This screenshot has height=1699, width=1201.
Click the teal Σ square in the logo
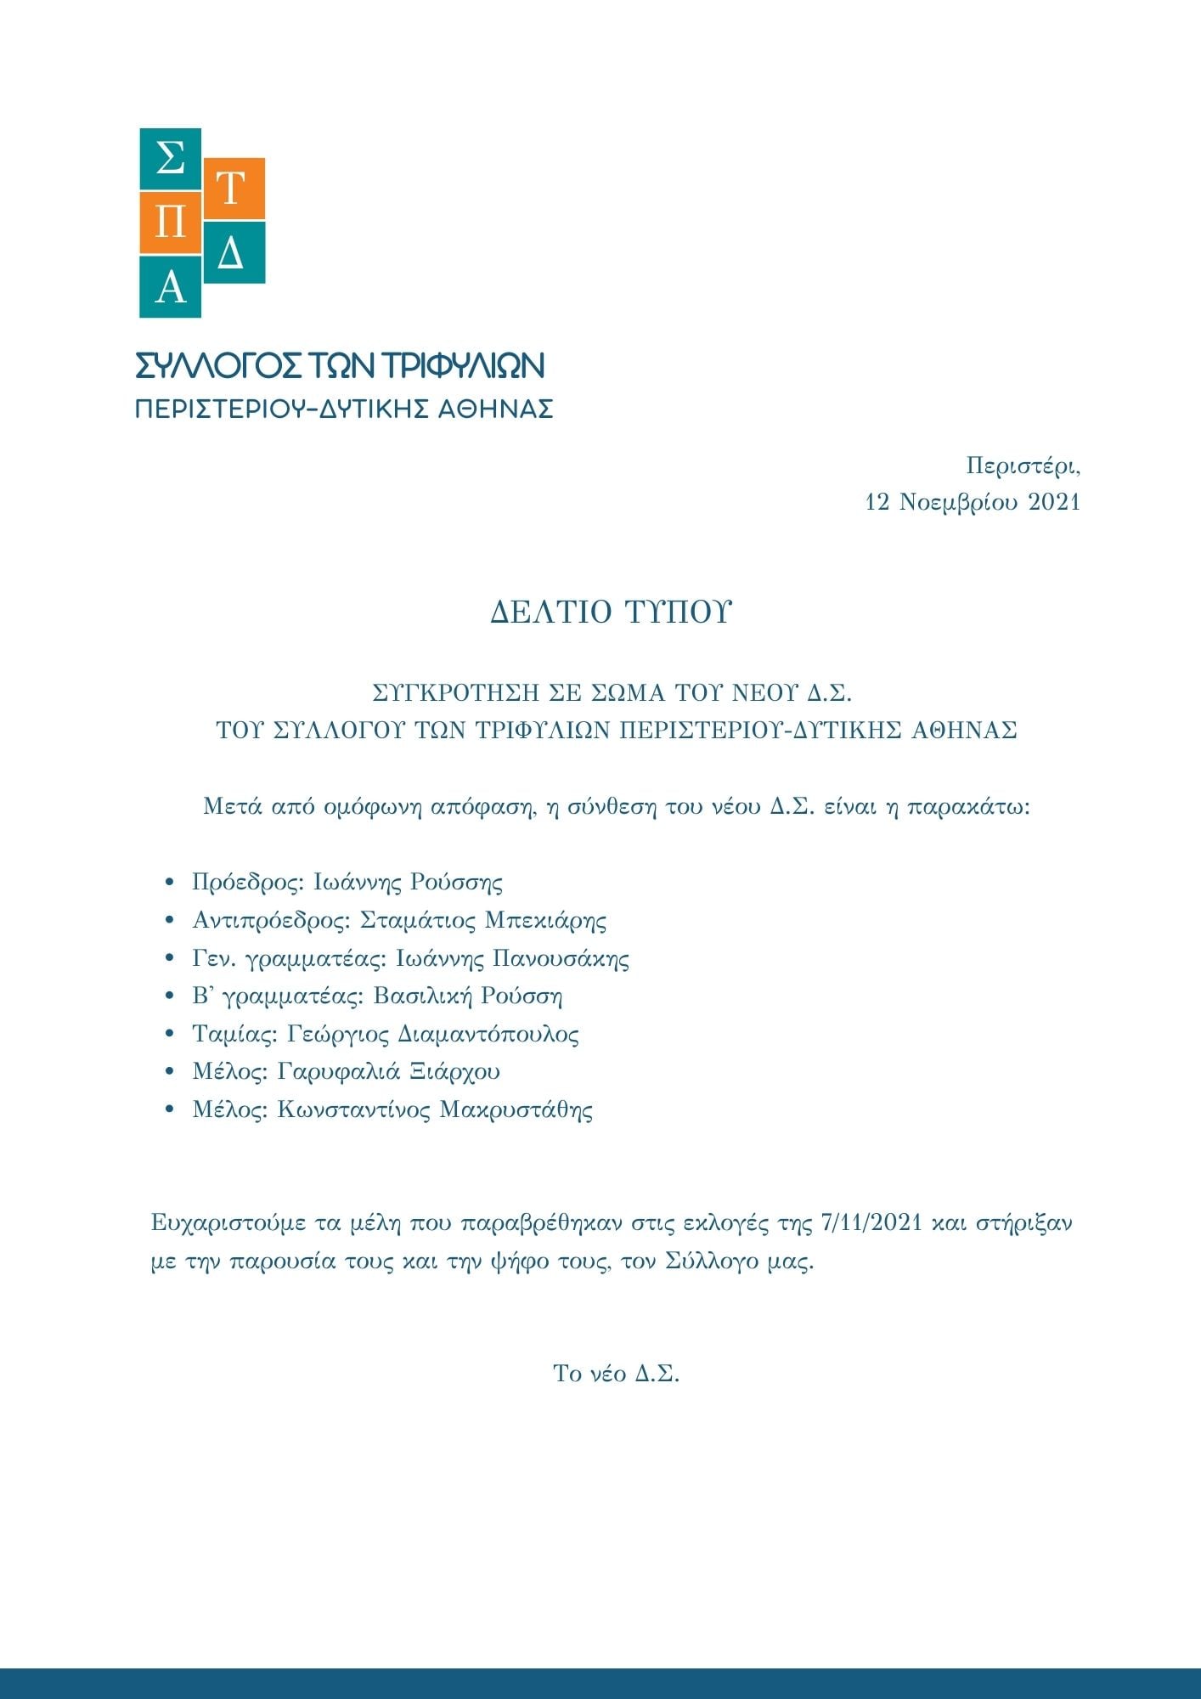[170, 159]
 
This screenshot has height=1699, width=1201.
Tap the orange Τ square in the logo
[234, 189]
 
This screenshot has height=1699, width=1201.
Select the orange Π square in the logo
[170, 223]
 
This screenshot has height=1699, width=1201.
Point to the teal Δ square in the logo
[234, 252]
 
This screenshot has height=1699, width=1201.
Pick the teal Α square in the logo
[170, 287]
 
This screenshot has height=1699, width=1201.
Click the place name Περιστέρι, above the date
[1023, 466]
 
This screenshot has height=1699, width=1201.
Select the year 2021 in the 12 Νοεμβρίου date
[1053, 502]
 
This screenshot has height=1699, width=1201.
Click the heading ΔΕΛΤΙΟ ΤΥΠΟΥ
[611, 612]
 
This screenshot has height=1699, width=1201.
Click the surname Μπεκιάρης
[545, 920]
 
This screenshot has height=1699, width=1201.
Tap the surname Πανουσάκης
[561, 958]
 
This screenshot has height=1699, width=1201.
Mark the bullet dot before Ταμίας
[171, 1035]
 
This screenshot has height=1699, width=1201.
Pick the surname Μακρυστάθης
[516, 1109]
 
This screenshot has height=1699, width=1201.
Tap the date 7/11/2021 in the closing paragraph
[872, 1223]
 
